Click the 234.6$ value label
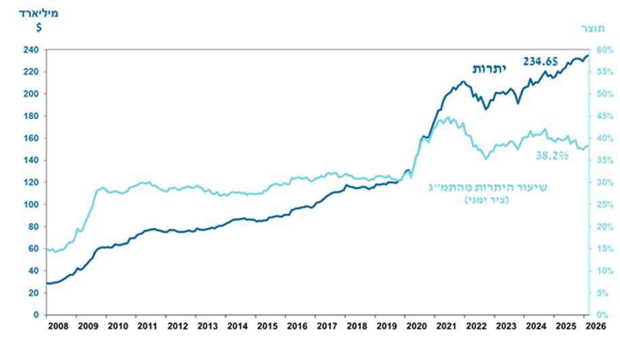541,62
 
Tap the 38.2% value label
552,156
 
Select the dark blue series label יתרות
489,69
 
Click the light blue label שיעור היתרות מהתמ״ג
488,187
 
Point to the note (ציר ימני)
487,200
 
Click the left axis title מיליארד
39,14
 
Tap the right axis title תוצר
593,28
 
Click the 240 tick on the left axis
31,50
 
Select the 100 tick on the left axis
31,204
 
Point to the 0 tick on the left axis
37,315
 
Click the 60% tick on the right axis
605,50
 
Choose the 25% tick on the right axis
605,204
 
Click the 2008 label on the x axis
58,326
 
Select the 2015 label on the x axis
267,326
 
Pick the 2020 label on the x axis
417,326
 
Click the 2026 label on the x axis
596,326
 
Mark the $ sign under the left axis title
39,28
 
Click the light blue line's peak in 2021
448,117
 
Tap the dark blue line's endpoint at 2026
588,55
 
